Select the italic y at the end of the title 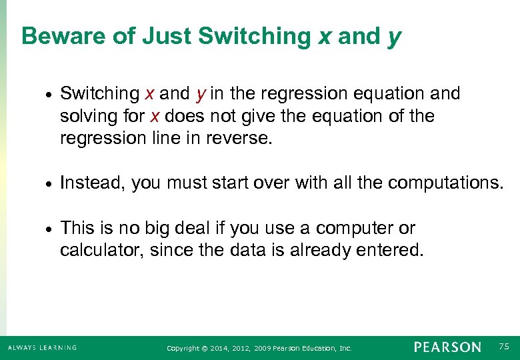click(x=394, y=38)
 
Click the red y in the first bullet click(x=199, y=95)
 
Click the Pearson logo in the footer click(x=447, y=347)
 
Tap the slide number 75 click(x=503, y=347)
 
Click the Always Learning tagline click(x=42, y=348)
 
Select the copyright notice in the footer click(x=259, y=348)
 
